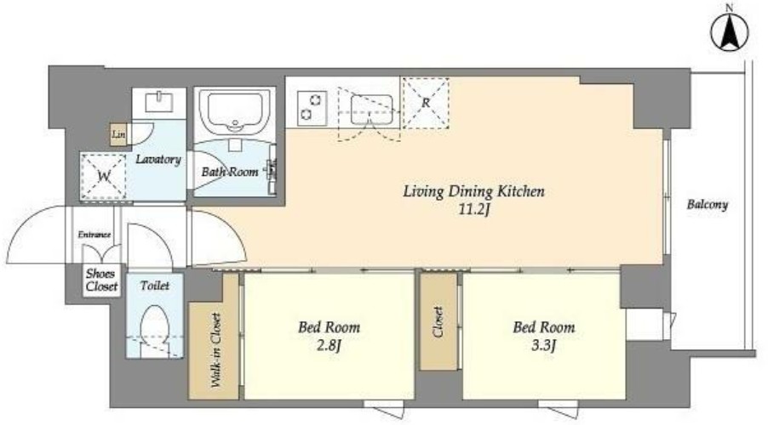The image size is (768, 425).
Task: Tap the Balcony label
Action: [708, 205]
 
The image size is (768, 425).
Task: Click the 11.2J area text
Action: [474, 210]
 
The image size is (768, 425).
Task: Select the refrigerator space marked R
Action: [425, 103]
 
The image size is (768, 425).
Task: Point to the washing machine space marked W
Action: [103, 176]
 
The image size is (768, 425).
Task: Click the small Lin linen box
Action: [118, 134]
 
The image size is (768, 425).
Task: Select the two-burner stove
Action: [312, 108]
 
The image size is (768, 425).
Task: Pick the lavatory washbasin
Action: [159, 102]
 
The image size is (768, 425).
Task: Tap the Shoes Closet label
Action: [102, 280]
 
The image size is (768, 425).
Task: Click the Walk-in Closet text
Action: [215, 350]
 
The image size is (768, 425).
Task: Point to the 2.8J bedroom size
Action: [328, 346]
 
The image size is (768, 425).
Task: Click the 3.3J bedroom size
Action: [544, 346]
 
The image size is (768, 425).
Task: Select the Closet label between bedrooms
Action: [438, 322]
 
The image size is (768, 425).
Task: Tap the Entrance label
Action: [94, 235]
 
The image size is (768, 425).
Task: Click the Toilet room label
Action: [155, 286]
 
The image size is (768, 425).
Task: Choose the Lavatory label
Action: [158, 159]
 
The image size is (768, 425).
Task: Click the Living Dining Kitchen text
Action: [473, 191]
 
